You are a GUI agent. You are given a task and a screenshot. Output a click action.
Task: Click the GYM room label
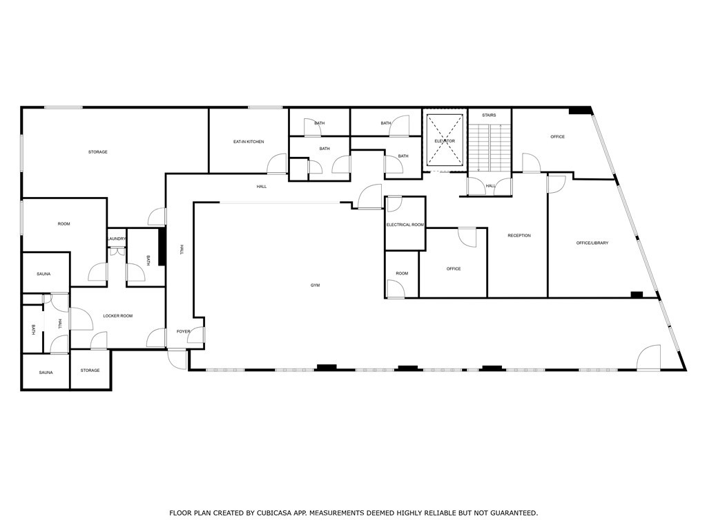[x=315, y=285]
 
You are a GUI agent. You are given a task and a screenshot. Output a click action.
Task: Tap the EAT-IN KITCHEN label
[x=249, y=142]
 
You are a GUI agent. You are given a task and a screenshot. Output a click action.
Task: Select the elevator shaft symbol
[x=445, y=140]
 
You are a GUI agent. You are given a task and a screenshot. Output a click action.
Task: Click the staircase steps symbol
[x=490, y=149]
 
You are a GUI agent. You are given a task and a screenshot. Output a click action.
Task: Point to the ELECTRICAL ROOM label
[x=405, y=225]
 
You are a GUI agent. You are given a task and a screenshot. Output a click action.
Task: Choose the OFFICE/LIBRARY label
[x=592, y=243]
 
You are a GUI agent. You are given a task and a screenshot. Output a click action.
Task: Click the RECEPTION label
[x=519, y=236]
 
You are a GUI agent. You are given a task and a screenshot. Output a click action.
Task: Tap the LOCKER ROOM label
[x=117, y=316]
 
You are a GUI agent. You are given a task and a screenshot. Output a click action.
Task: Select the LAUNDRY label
[x=117, y=239]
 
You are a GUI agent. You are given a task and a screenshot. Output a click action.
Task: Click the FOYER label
[x=183, y=332]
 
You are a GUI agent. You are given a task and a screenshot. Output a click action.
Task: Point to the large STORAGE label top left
[x=97, y=152]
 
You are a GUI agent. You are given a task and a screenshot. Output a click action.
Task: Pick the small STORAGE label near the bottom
[x=90, y=371]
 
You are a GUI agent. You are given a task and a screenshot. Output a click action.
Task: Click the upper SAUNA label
[x=43, y=274]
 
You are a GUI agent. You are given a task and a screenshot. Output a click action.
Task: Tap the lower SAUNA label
[x=46, y=373]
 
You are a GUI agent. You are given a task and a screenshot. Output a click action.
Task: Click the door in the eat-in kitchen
[x=278, y=164]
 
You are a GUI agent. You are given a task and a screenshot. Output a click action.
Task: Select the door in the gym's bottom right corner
[x=649, y=358]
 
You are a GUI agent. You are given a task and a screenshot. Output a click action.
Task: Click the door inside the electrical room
[x=394, y=205]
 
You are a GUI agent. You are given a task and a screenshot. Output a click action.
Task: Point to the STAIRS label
[x=489, y=115]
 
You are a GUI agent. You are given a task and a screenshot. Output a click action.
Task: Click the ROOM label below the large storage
[x=64, y=224]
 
